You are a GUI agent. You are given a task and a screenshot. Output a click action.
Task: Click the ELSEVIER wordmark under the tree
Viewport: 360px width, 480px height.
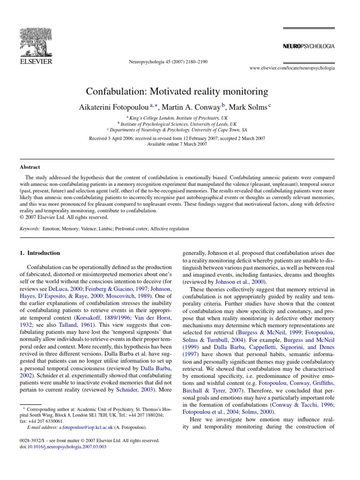36,61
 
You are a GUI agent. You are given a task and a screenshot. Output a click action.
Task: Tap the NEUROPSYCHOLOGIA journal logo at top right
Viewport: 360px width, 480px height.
308,46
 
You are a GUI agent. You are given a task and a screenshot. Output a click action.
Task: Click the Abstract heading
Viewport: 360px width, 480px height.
30,167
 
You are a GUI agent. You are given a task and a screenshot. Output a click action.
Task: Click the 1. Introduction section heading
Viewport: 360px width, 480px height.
40,253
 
